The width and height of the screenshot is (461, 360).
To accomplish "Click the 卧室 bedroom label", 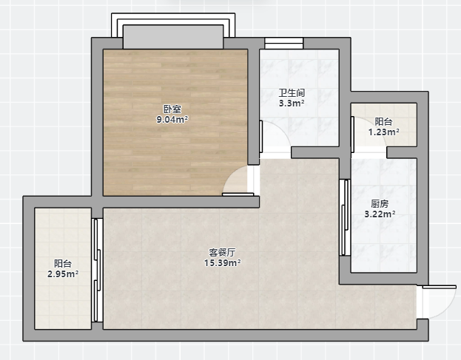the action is [172, 109].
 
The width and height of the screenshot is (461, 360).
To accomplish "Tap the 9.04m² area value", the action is [172, 120].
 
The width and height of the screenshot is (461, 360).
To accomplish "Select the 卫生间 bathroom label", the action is [292, 93].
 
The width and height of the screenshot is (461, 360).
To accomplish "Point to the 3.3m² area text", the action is [292, 103].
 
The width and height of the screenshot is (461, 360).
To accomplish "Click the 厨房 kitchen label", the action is [380, 203].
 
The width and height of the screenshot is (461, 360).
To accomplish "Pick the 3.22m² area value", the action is [380, 214].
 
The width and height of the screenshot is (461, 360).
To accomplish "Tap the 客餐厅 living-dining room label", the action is [222, 252].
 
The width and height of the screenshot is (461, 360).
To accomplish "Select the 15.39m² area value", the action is [223, 263].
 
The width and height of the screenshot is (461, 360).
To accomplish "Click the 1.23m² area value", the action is [384, 132].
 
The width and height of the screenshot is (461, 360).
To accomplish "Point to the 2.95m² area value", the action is [63, 274].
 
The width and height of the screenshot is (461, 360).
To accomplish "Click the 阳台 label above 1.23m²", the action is [384, 121].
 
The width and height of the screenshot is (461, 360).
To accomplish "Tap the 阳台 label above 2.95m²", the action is [63, 264].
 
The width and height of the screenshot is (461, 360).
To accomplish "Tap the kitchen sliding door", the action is [345, 217].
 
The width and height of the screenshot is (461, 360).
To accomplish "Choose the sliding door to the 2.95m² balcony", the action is [97, 270].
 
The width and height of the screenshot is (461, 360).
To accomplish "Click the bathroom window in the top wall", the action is [283, 43].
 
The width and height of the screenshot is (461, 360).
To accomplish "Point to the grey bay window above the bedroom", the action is [173, 37].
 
